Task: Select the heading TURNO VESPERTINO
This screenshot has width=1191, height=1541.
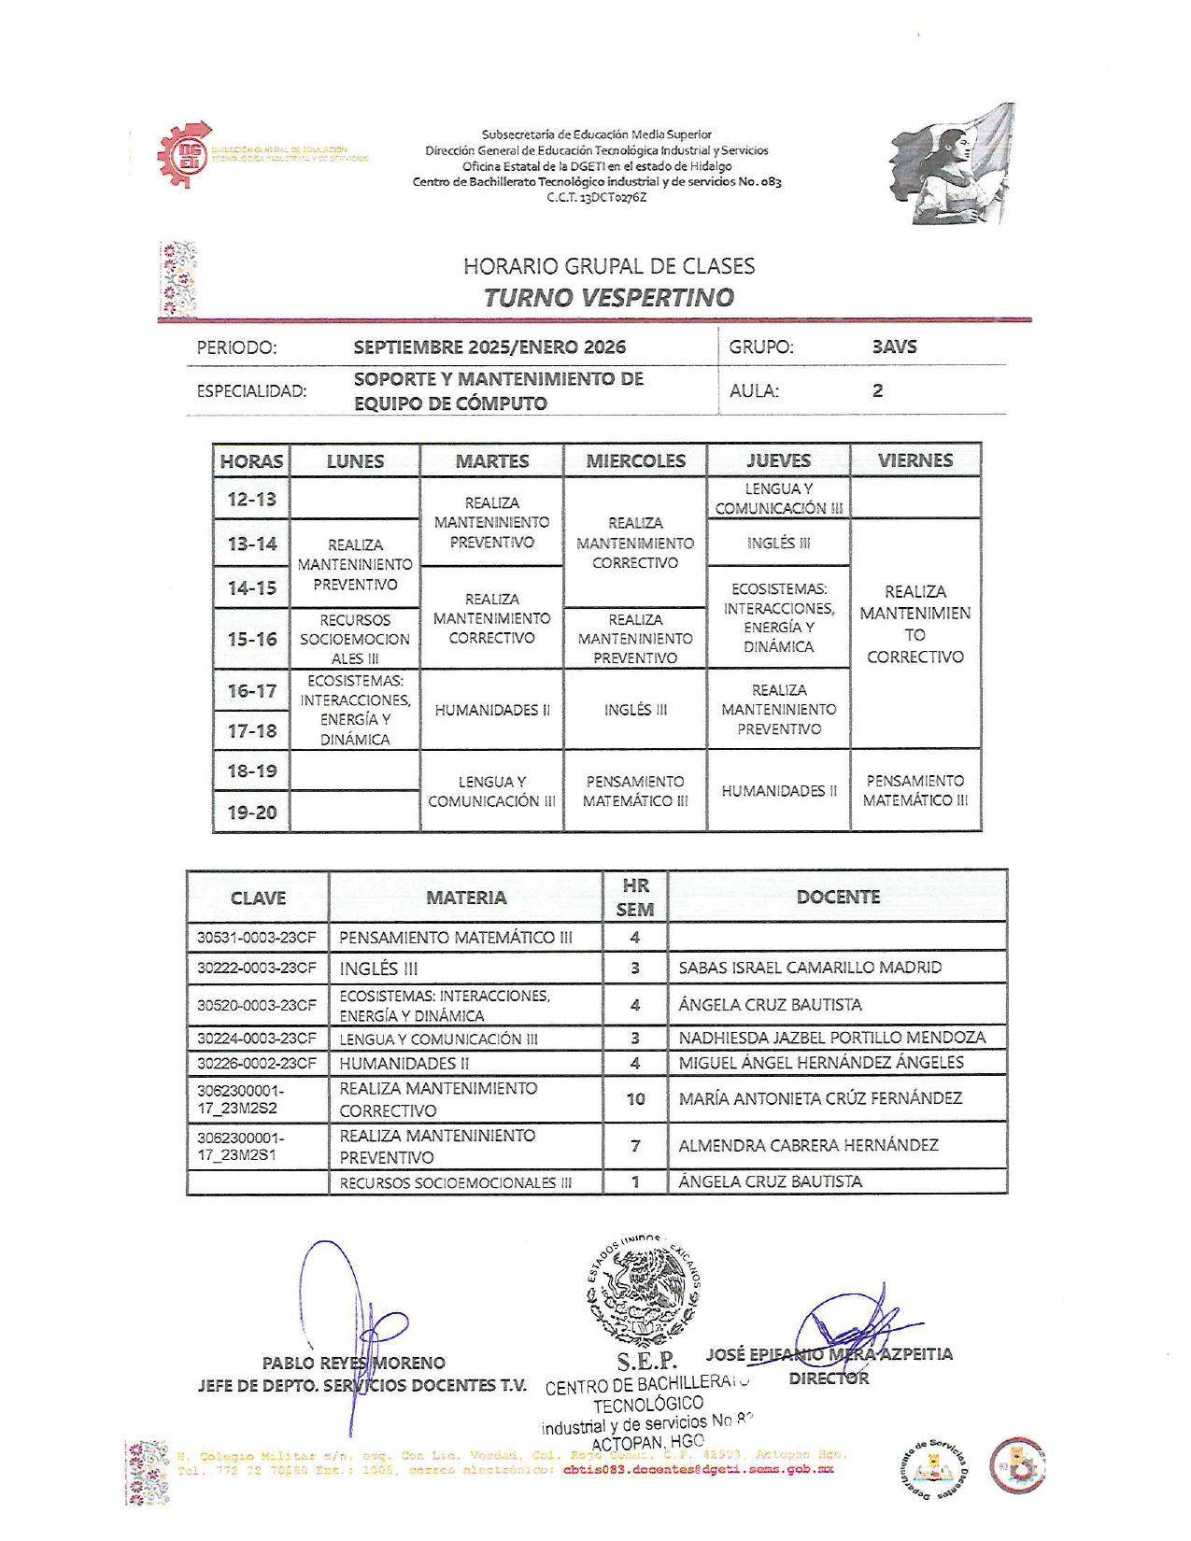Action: [x=608, y=298]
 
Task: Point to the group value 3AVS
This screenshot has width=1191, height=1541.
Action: [x=894, y=346]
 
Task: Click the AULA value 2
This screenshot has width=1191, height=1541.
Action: [x=877, y=390]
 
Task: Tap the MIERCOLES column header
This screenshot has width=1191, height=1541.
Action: [x=635, y=460]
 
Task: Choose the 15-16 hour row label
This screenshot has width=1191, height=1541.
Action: [x=252, y=640]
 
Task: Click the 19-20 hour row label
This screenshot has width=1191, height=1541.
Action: [x=252, y=813]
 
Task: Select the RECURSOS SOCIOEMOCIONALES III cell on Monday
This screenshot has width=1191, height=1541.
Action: [x=355, y=639]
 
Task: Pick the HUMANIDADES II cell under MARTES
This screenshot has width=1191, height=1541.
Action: [x=492, y=710]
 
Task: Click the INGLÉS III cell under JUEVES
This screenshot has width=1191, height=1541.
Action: [x=778, y=544]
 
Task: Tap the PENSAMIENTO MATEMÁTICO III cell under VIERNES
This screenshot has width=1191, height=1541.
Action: [x=915, y=790]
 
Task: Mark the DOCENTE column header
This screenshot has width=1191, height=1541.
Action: [x=838, y=897]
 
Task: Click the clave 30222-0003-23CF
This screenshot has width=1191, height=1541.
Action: [x=257, y=968]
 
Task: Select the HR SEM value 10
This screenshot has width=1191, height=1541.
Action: [x=635, y=1099]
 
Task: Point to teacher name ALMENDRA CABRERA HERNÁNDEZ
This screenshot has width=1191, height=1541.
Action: [x=808, y=1145]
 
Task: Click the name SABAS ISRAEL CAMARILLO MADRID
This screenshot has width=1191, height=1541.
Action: [x=810, y=968]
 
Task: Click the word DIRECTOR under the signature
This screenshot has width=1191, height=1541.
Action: [x=829, y=1378]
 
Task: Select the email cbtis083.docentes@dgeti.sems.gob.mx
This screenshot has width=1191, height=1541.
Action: [x=698, y=1469]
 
